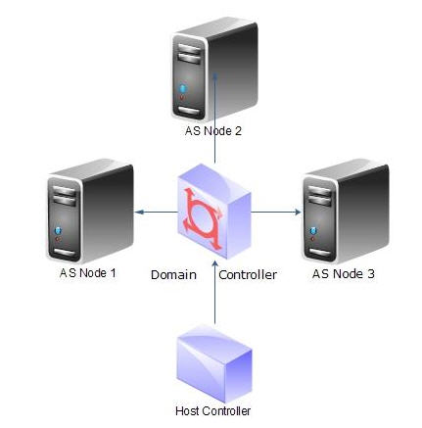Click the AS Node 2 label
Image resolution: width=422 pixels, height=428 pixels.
[213, 131]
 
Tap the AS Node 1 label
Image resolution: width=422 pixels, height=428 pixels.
[88, 273]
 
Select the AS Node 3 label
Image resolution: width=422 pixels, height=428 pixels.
[344, 273]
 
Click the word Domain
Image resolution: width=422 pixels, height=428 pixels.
[173, 275]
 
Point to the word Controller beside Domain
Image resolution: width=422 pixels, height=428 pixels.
[248, 275]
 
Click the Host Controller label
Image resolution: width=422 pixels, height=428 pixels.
[213, 410]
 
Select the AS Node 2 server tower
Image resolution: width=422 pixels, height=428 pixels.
[214, 70]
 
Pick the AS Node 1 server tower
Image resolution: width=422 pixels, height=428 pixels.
[90, 211]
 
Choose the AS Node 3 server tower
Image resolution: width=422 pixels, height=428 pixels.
[346, 211]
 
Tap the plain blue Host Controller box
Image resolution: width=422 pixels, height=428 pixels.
[214, 363]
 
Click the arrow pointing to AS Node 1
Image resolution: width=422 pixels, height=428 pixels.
[157, 213]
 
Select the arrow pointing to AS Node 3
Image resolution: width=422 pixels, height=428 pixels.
[276, 213]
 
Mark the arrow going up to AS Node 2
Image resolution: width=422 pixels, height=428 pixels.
[215, 118]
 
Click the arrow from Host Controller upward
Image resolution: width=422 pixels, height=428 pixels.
[214, 292]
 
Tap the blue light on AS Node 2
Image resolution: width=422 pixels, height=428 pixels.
[183, 88]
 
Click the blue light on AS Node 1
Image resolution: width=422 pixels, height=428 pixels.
[59, 231]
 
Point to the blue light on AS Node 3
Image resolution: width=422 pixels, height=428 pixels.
[313, 231]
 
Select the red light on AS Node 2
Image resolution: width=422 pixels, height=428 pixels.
[182, 98]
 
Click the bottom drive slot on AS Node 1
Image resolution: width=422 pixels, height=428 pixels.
[65, 253]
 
